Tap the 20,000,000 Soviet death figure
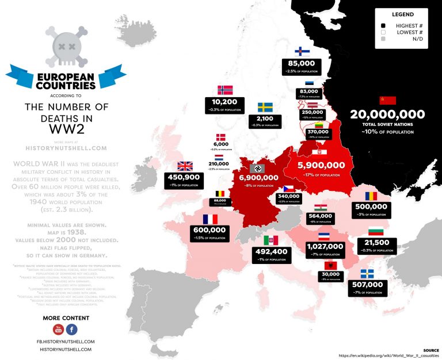(x=387, y=114)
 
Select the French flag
(x=209, y=219)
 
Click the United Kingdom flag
(x=185, y=166)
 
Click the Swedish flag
(x=265, y=108)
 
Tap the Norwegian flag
(x=224, y=90)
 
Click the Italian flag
(x=270, y=240)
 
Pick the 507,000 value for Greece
(x=367, y=284)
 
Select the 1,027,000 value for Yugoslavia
(x=325, y=246)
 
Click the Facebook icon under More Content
(x=71, y=330)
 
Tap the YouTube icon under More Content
(x=58, y=330)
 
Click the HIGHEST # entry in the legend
(x=407, y=26)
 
